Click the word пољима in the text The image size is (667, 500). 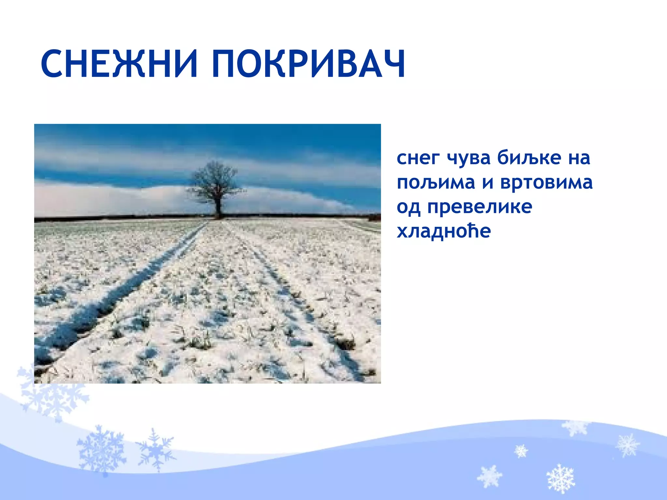436,183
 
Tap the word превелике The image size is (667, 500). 480,207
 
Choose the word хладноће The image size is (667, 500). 444,231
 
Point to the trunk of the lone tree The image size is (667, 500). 218,208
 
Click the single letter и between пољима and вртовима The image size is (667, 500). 488,183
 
